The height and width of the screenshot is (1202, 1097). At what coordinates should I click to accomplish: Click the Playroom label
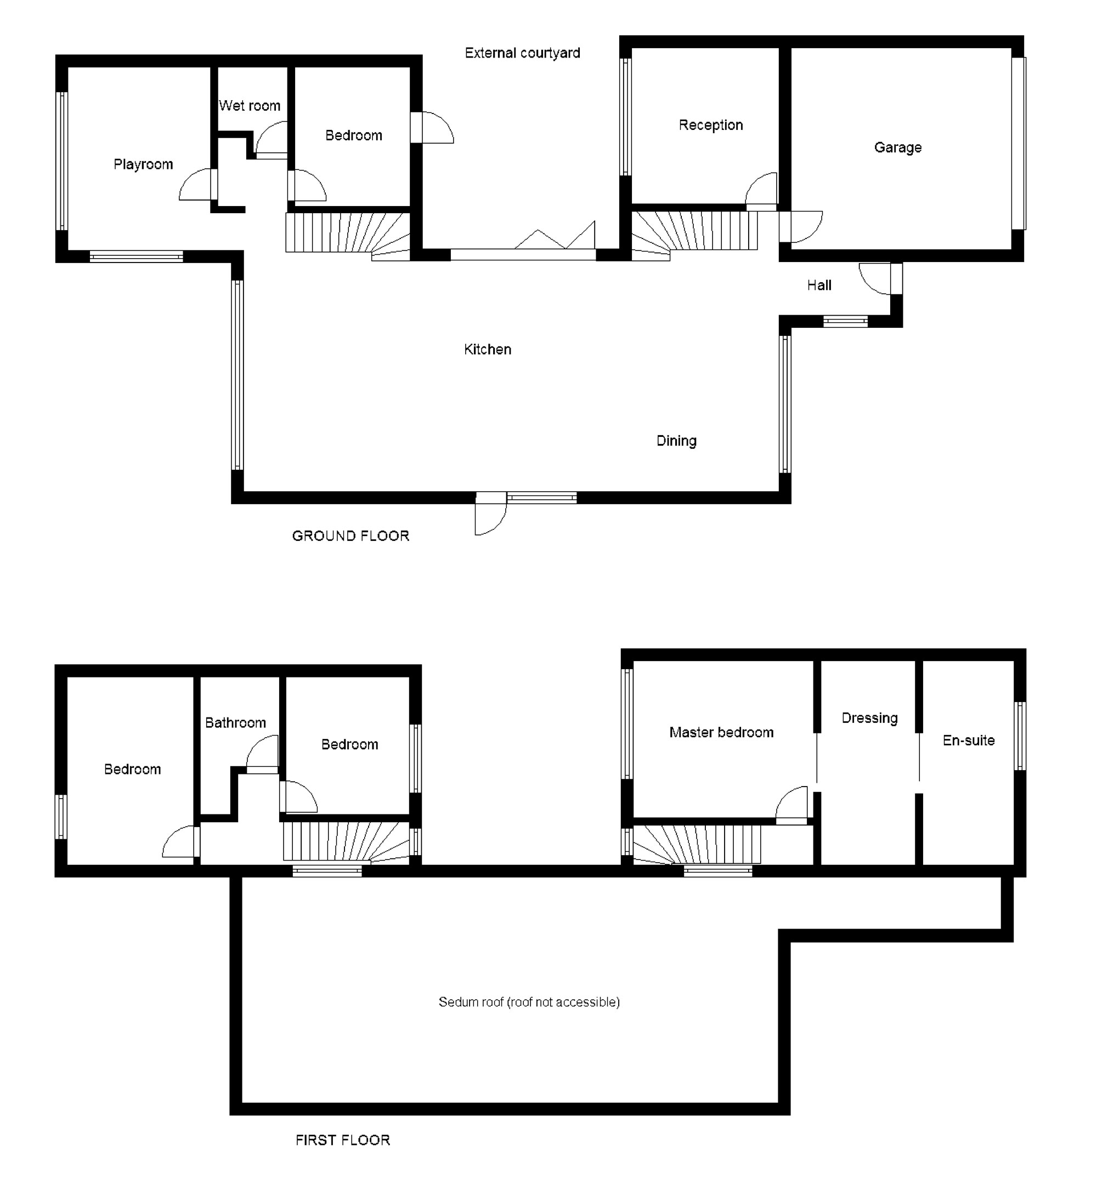pos(143,164)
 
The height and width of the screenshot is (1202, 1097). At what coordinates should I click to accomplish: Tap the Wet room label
pos(250,106)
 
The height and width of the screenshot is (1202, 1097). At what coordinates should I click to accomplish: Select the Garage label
pos(897,148)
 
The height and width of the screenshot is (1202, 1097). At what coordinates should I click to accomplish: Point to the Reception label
pos(710,125)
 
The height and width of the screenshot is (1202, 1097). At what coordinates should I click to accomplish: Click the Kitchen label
pos(488,349)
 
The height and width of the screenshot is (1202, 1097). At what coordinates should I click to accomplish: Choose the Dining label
pos(676,441)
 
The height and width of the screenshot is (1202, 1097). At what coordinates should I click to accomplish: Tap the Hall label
pos(819,286)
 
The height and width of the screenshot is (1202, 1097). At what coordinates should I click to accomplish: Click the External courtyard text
pos(522,53)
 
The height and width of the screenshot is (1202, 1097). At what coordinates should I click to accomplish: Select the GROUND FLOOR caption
pos(350,536)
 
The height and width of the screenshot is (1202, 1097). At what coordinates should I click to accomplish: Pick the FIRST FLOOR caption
pos(342,1140)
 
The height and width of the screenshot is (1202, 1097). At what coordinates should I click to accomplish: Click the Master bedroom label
pos(721,732)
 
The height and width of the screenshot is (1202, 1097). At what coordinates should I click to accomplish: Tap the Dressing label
pos(869,718)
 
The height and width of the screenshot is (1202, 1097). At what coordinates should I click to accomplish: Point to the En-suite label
pos(968,740)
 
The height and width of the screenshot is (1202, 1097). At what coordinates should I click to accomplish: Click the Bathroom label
pos(235,722)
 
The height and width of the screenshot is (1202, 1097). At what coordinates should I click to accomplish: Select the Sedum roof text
pos(529,1002)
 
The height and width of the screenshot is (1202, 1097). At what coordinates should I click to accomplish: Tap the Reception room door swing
pos(762,190)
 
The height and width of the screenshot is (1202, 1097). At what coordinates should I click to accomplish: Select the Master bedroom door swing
pos(792,803)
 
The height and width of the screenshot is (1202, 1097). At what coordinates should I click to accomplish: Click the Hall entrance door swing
pos(874,278)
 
